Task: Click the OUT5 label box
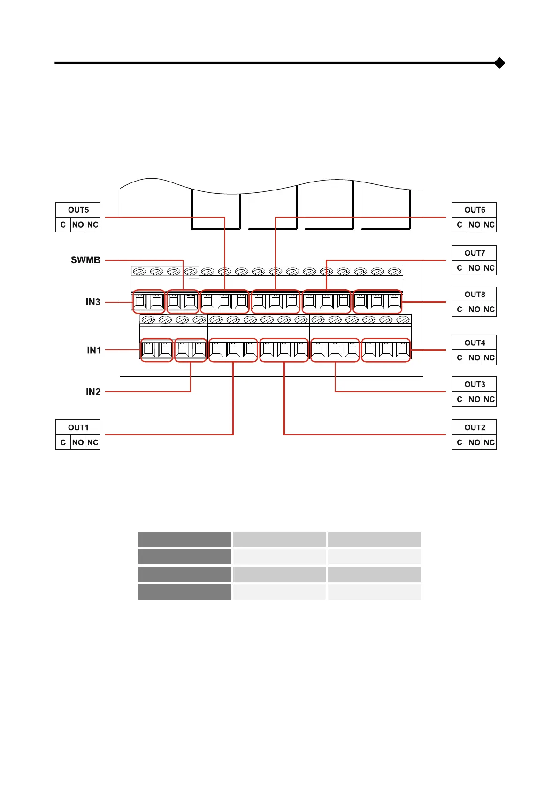point(78,210)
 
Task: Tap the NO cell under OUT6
point(474,225)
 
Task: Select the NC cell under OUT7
point(489,268)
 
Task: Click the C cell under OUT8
point(459,310)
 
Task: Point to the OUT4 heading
point(475,343)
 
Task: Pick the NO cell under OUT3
point(474,399)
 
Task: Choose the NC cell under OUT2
point(489,442)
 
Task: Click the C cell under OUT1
point(63,442)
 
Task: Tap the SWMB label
point(85,260)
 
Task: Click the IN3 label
point(93,302)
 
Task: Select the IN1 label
point(94,350)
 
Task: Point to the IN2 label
point(93,392)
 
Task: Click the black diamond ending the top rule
point(500,63)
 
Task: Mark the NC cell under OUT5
point(93,225)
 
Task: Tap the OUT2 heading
point(475,427)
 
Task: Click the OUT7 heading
point(475,253)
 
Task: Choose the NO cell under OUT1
point(78,442)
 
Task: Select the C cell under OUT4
point(459,358)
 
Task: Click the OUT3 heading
point(475,384)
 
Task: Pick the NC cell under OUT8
point(489,310)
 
